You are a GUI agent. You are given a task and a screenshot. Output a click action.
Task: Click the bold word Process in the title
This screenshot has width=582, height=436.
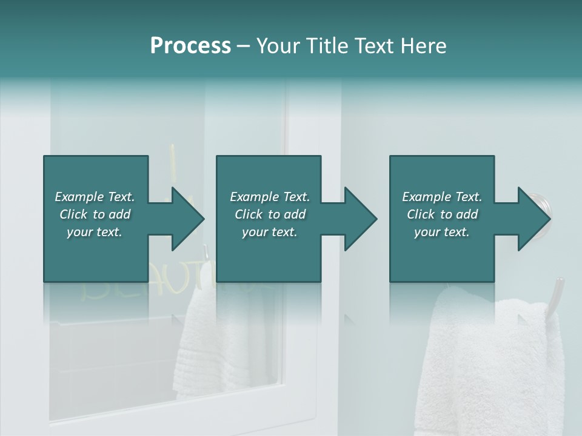point(190,46)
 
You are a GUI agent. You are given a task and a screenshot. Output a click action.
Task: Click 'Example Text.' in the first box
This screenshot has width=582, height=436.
point(95,197)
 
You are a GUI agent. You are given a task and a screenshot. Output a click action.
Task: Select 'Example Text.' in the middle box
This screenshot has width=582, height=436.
point(270,197)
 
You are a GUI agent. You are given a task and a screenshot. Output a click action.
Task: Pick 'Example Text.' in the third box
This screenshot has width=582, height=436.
point(442,197)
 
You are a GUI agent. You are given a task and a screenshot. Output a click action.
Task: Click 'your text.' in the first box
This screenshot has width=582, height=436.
point(95,232)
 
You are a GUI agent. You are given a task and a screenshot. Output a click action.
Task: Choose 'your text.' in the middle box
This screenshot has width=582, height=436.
point(270,232)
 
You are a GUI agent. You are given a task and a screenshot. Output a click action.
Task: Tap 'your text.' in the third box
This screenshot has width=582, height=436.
point(442,232)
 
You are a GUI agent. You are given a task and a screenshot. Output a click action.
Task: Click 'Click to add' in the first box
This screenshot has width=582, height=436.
point(95,214)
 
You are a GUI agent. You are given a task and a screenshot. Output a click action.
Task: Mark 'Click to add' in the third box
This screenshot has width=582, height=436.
point(442,214)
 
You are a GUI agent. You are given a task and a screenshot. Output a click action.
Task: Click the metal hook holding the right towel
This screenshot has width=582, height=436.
point(556,297)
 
